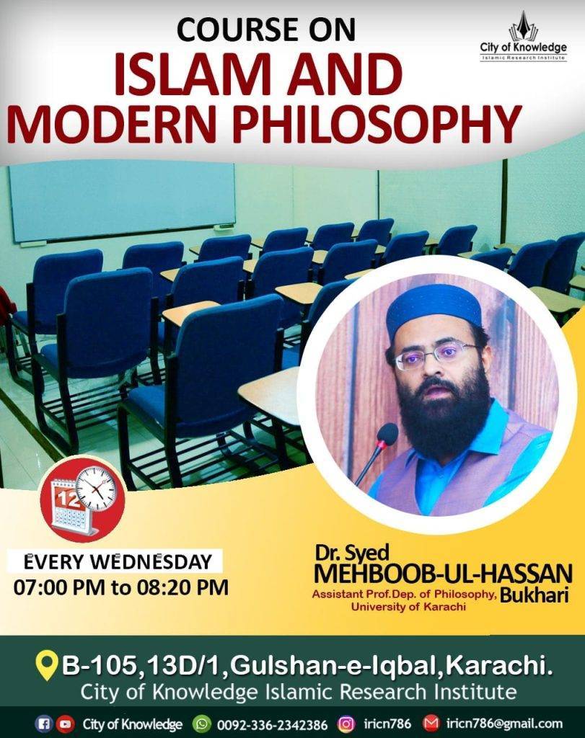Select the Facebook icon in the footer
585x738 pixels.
click(x=45, y=724)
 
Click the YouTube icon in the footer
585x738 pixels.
click(x=66, y=724)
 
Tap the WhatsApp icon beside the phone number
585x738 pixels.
click(x=203, y=724)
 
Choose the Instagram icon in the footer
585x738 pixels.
click(x=346, y=724)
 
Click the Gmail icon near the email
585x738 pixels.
click(x=431, y=723)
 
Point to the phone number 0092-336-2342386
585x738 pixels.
click(x=271, y=724)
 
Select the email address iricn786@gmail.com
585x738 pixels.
click(x=504, y=724)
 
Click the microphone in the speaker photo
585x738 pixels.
click(x=377, y=453)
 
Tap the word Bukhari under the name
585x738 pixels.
click(x=534, y=595)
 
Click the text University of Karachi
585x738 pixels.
click(x=408, y=607)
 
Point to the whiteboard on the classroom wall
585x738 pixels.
click(x=121, y=200)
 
